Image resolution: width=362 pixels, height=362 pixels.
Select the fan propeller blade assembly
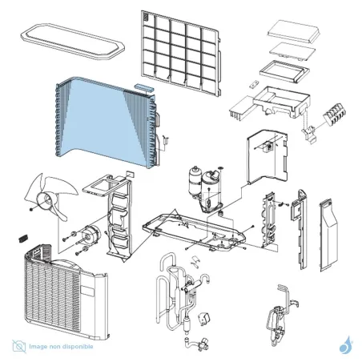point(50,196)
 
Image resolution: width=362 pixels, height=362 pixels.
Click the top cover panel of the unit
point(72,42)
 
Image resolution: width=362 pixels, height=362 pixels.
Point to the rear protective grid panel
point(181,54)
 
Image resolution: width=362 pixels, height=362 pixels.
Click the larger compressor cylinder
point(211,191)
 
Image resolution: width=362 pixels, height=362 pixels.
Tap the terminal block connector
point(335,115)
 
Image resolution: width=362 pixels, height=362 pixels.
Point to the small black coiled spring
point(23,238)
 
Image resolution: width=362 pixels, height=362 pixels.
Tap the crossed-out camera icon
point(19,346)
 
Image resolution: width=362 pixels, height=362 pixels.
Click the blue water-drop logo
point(346,345)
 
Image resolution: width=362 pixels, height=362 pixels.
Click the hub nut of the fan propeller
point(31,209)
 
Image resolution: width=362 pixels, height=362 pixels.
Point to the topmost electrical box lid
point(294,31)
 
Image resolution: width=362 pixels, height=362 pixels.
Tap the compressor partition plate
point(267,157)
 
